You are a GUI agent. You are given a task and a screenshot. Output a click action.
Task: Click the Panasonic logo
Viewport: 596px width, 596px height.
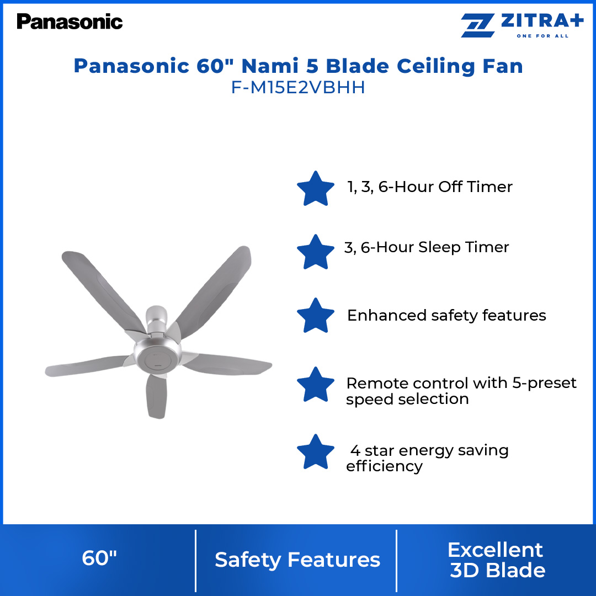[70, 22]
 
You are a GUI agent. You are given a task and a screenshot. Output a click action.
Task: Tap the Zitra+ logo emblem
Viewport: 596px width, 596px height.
[478, 26]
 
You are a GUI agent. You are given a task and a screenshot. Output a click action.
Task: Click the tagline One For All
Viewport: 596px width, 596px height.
[542, 36]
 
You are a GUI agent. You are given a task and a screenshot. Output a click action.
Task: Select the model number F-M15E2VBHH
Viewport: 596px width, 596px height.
[298, 88]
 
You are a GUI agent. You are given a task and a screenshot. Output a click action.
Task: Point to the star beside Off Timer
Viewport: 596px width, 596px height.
[316, 188]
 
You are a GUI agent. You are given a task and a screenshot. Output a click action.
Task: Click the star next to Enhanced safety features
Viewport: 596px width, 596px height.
[316, 315]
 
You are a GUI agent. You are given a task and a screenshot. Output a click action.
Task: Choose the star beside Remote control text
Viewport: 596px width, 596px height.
[316, 384]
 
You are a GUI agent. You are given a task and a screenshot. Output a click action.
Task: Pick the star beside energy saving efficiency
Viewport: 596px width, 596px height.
[316, 451]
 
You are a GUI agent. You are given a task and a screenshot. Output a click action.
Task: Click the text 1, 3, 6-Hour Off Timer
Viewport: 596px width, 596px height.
[429, 187]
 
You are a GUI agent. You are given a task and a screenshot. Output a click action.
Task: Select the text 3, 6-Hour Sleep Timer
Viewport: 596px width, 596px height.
[427, 247]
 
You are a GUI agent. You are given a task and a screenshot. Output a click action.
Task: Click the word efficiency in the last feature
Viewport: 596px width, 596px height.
[384, 466]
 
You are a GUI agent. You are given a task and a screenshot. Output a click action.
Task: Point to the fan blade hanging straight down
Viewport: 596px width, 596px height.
[157, 395]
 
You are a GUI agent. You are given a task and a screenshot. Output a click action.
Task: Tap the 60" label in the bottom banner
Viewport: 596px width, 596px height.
[99, 558]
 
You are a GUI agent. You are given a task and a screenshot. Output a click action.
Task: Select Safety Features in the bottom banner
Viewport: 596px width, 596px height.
[297, 560]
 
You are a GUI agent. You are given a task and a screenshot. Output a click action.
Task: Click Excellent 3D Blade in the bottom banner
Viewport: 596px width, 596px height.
[496, 560]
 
